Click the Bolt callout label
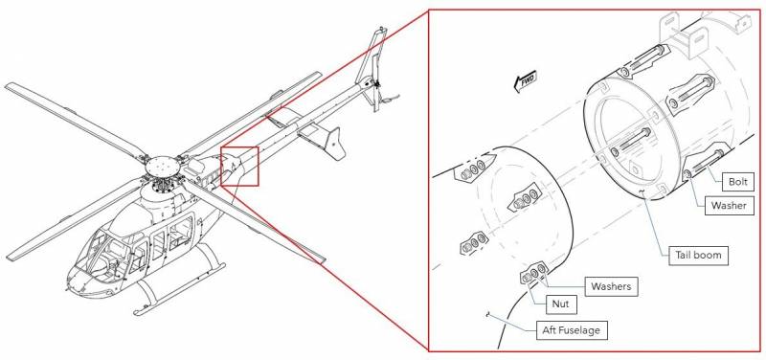point(738,182)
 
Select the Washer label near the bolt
point(729,205)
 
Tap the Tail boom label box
point(698,255)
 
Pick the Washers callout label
point(611,286)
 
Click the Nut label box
point(561,304)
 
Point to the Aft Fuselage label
point(571,330)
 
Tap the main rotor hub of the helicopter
point(163,167)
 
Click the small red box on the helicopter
point(239,166)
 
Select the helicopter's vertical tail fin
point(372,68)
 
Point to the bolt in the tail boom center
point(629,141)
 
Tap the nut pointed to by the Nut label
point(527,279)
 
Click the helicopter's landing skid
point(181,288)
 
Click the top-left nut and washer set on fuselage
point(470,169)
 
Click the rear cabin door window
point(182,233)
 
